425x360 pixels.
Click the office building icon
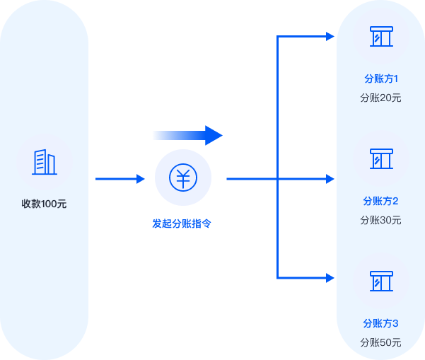pyautogui.click(x=44, y=162)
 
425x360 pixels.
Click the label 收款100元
pyautogui.click(x=44, y=204)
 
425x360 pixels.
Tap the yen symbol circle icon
pyautogui.click(x=183, y=178)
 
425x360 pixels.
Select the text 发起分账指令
pyautogui.click(x=182, y=223)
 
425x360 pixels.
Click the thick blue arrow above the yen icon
pyautogui.click(x=187, y=135)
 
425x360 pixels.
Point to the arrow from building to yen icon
pyautogui.click(x=120, y=179)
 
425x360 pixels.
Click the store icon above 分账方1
pyautogui.click(x=380, y=37)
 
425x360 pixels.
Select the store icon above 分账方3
pyautogui.click(x=380, y=281)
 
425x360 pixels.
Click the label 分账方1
pyautogui.click(x=380, y=79)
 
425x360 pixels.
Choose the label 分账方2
pyautogui.click(x=380, y=201)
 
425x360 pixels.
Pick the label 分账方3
pyautogui.click(x=380, y=323)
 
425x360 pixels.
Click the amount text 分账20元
pyautogui.click(x=380, y=98)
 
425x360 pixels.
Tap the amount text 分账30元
pyautogui.click(x=380, y=220)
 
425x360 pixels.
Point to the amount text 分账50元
pyautogui.click(x=380, y=342)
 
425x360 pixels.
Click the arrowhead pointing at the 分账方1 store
pyautogui.click(x=330, y=37)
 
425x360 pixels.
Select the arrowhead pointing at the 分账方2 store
pyautogui.click(x=330, y=179)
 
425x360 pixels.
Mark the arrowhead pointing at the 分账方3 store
pyautogui.click(x=330, y=277)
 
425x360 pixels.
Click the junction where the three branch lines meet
pyautogui.click(x=278, y=179)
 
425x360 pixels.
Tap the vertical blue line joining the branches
pyautogui.click(x=278, y=106)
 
